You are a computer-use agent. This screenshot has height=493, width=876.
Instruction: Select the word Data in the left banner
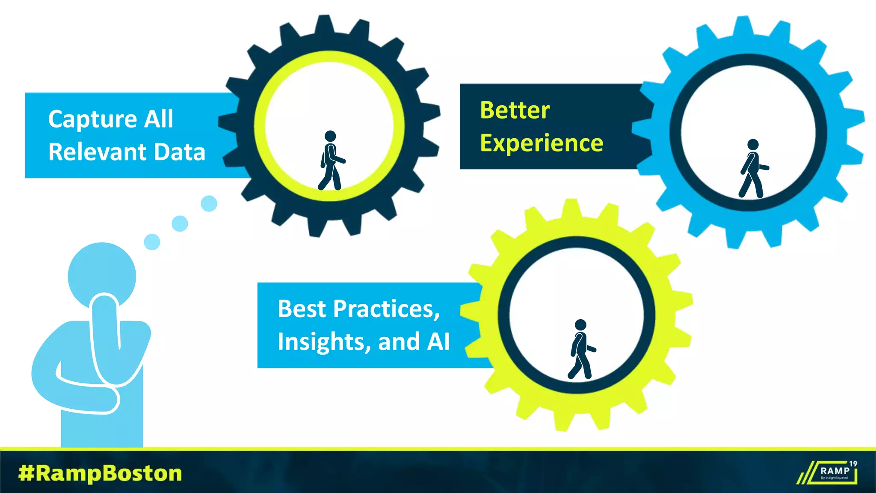click(179, 152)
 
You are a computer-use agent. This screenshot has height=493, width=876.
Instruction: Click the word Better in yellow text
click(515, 110)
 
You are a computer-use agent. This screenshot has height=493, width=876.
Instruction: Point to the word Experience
click(542, 143)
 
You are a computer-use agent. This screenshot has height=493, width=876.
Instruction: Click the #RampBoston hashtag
click(100, 473)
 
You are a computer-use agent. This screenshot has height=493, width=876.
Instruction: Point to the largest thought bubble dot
click(209, 203)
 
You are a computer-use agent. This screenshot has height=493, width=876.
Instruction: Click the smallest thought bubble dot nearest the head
click(152, 242)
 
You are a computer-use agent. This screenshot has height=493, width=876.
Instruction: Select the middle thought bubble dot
click(180, 223)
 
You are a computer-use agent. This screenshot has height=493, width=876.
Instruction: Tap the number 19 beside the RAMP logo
click(853, 463)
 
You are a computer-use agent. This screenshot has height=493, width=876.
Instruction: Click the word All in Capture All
click(159, 119)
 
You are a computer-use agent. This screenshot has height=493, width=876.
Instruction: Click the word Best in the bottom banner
click(301, 309)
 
